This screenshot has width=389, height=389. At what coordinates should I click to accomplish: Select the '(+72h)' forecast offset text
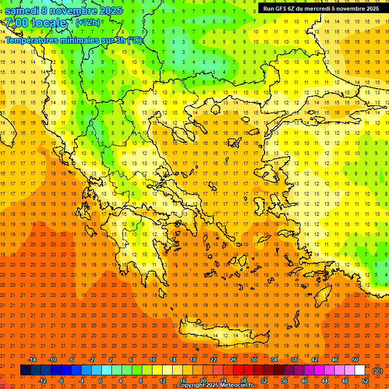88,23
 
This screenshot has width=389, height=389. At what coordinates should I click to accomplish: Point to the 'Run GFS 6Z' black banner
321,9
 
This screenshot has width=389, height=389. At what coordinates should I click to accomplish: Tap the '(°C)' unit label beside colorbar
377,371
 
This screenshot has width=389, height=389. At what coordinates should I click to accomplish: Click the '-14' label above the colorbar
32,360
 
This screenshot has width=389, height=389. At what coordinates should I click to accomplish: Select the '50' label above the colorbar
355,360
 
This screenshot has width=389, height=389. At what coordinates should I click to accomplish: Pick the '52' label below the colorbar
365,381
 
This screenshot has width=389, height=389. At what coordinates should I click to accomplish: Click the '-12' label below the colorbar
42,381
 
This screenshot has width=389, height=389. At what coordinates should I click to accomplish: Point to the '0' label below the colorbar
100,381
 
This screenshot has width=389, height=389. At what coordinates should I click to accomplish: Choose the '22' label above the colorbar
213,360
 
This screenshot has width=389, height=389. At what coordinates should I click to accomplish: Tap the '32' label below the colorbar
264,381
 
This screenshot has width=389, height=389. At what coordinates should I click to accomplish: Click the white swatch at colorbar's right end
360,370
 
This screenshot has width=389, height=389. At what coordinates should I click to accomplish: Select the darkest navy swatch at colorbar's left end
25,370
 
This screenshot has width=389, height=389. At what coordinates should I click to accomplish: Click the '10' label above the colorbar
152,360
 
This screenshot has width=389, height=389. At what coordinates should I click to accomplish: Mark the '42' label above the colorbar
315,360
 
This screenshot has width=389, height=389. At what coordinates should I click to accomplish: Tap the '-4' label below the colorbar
81,381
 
